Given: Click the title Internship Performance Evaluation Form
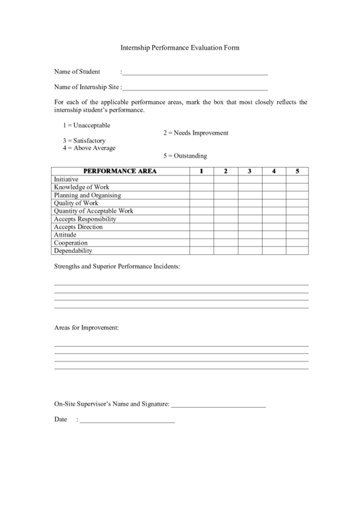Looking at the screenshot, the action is point(180,48).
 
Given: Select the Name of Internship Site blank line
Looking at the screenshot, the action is point(196,88).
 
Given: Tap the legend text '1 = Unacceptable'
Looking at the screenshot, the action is point(86,125).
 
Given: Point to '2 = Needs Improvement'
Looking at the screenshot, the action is point(196,133).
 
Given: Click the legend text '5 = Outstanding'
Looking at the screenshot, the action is point(185,156).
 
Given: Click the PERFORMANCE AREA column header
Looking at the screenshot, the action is point(120,171).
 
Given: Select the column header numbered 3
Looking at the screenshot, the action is point(249,171).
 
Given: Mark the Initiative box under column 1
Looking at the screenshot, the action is point(201,179).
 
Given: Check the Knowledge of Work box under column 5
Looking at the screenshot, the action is point(297,187).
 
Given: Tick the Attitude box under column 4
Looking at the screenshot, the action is point(273,234).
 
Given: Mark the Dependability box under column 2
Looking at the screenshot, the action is point(226,251).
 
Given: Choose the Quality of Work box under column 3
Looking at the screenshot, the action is point(249,203).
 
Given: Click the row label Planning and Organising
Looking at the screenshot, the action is point(87,195).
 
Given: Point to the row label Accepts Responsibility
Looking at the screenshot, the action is point(85,219).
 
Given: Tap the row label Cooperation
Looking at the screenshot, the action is point(71,243).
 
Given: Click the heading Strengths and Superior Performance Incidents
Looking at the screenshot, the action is point(117,266).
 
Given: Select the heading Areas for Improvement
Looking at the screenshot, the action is point(86,328).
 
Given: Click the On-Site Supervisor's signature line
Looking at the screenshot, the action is point(218,406).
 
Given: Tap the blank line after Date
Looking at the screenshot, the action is point(128,421).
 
